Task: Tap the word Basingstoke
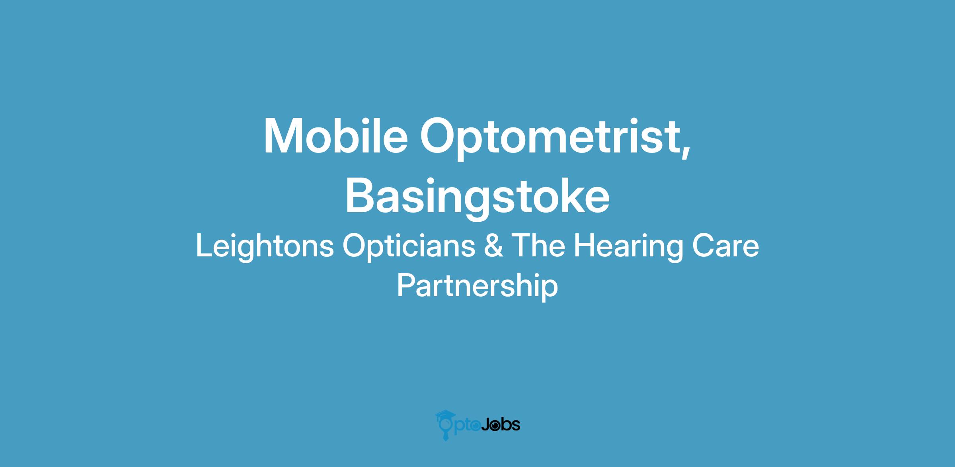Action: [477, 198]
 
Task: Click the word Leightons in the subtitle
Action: [265, 247]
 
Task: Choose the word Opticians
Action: [409, 247]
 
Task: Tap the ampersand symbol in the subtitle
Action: [493, 246]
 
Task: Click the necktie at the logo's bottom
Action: [446, 436]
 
